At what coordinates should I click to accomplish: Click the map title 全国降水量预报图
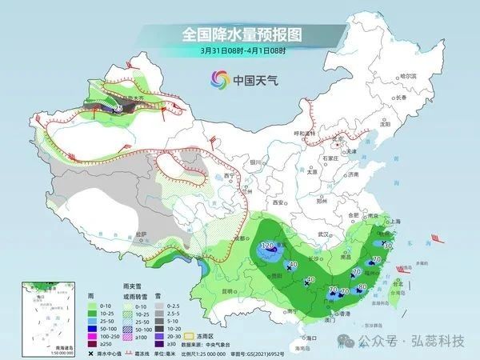point(240,34)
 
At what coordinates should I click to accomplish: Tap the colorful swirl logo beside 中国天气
point(218,79)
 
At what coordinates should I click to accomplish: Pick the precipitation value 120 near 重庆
point(268,244)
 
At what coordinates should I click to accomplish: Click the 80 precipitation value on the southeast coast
point(362,286)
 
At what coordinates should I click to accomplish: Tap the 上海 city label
point(394,226)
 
